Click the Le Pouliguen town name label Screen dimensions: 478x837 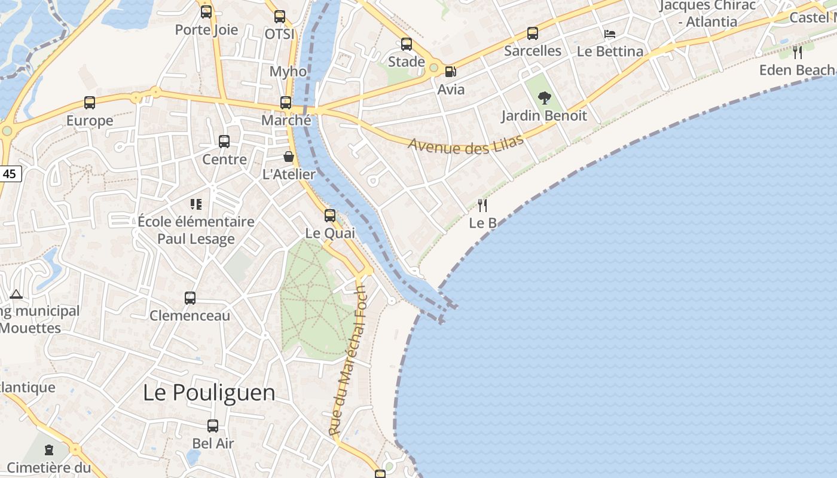click(x=209, y=393)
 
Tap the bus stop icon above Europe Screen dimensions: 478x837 click(x=90, y=103)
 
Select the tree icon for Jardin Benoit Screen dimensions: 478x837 click(x=544, y=97)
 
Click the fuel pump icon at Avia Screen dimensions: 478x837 click(x=450, y=72)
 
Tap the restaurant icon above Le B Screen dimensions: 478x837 click(x=482, y=206)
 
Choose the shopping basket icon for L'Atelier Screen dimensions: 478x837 click(x=289, y=157)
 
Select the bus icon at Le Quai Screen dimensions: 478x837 click(x=330, y=216)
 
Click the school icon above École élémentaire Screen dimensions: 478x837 click(x=195, y=204)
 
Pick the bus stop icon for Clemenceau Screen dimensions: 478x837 click(x=190, y=298)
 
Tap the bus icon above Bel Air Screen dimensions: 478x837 click(x=213, y=426)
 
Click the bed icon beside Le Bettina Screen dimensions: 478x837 click(x=610, y=34)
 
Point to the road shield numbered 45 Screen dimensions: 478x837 click(x=10, y=174)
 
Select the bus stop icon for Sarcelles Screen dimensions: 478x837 click(x=533, y=33)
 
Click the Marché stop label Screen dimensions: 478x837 click(x=286, y=120)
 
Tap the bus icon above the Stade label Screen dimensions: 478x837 click(x=407, y=44)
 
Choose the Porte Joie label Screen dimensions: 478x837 click(x=206, y=30)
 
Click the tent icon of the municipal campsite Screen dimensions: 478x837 click(x=16, y=294)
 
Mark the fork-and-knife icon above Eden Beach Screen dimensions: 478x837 click(x=798, y=53)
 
